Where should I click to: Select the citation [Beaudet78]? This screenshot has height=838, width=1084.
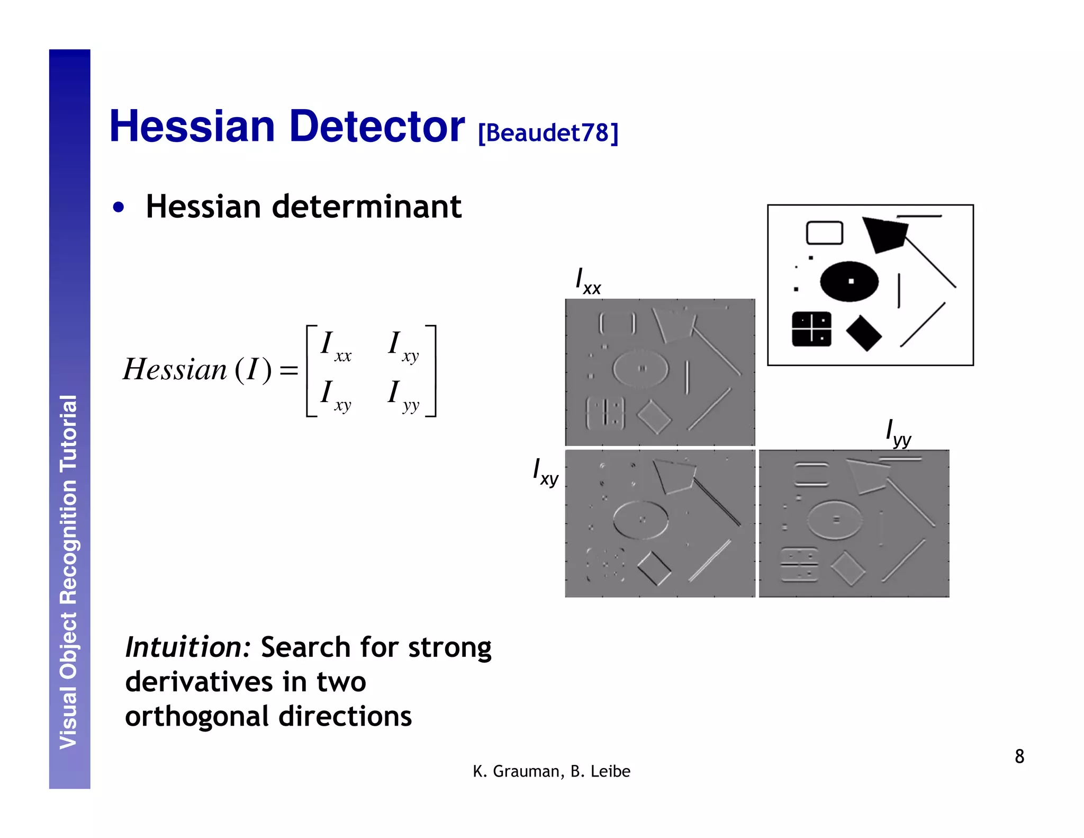548,132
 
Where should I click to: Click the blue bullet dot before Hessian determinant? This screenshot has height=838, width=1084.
119,207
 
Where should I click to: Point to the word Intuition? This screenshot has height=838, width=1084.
188,647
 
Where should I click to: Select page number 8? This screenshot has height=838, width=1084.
1019,756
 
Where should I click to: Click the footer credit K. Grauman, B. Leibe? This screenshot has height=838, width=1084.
552,771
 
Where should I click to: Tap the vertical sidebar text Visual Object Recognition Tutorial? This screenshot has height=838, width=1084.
69,572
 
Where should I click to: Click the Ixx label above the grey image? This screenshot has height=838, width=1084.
588,281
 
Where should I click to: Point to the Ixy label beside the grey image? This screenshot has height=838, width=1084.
545,471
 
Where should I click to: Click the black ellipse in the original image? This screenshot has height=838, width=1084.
849,281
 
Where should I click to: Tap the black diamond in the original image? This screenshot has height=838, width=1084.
863,333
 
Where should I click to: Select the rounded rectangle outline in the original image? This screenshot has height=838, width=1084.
825,233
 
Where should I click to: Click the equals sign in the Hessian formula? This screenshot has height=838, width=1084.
289,370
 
